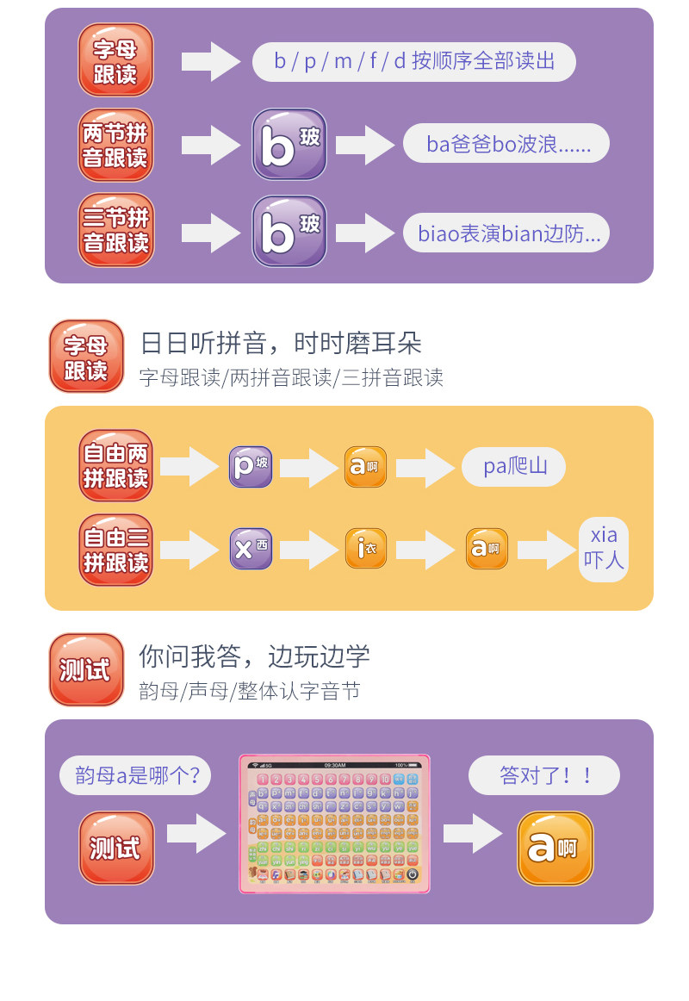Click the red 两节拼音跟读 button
[115, 145]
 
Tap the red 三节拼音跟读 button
[115, 230]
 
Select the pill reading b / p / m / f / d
[413, 61]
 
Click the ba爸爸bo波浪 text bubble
[506, 143]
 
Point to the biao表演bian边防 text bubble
[506, 233]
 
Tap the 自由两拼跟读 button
[115, 465]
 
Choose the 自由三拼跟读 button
[115, 550]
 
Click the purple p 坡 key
[250, 467]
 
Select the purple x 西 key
[250, 548]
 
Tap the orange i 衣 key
[366, 548]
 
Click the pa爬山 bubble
[513, 467]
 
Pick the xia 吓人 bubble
[604, 548]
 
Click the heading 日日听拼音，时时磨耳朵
[281, 344]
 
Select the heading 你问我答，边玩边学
[254, 656]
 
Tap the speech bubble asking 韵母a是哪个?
[135, 775]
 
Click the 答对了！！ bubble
[544, 774]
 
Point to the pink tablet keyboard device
[334, 823]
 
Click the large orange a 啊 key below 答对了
[555, 849]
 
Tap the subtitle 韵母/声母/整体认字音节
[249, 691]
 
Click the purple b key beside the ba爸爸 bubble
[289, 144]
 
